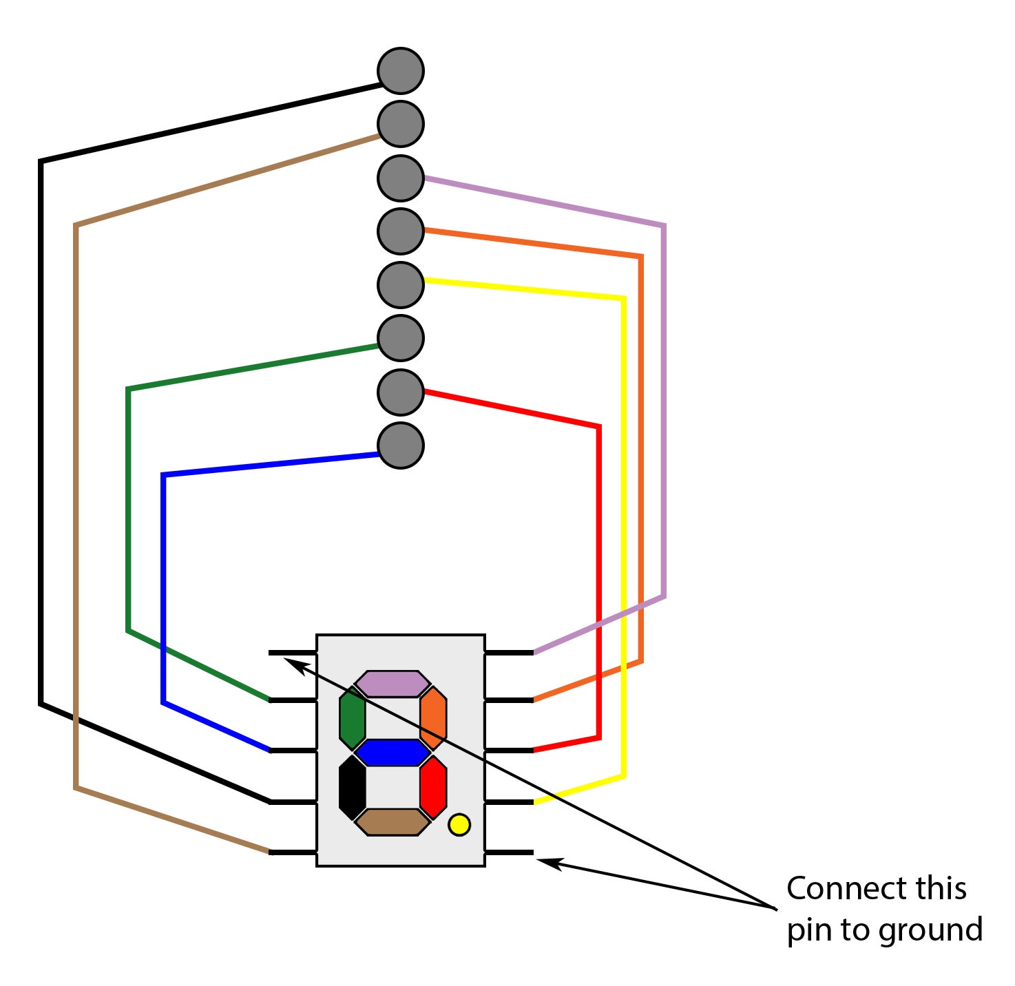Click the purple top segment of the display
[x=393, y=683]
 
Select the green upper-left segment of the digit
[x=352, y=717]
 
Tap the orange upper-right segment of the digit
[x=433, y=717]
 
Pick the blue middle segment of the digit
[x=393, y=752]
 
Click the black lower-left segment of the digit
[x=352, y=787]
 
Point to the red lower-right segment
[x=433, y=787]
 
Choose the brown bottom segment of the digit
[x=393, y=822]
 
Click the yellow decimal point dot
[x=459, y=824]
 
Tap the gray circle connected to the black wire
[x=401, y=71]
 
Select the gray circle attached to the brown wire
[x=401, y=124]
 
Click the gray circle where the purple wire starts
[x=401, y=178]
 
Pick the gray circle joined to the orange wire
[x=401, y=231]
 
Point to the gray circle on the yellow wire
[x=401, y=284]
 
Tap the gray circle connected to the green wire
[x=401, y=338]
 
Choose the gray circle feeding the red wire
[x=401, y=392]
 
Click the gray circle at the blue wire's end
[x=401, y=445]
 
